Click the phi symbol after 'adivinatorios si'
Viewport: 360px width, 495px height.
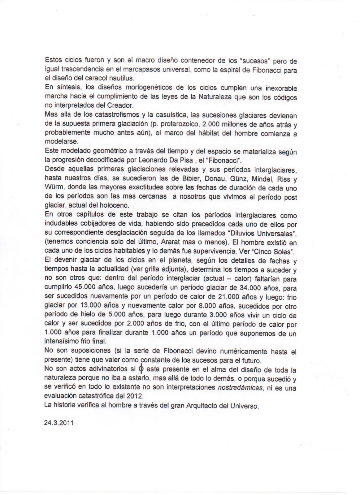[x=141, y=369]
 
